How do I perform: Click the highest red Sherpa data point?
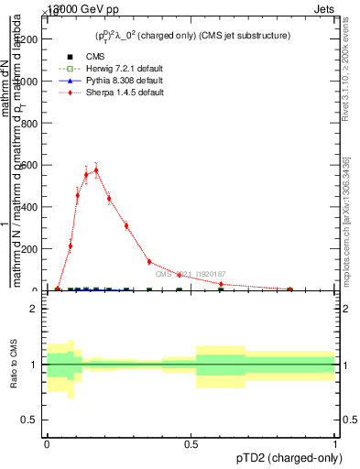96,169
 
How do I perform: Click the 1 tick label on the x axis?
335,444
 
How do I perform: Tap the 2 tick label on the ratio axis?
34,309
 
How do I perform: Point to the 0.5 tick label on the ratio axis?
30,420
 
